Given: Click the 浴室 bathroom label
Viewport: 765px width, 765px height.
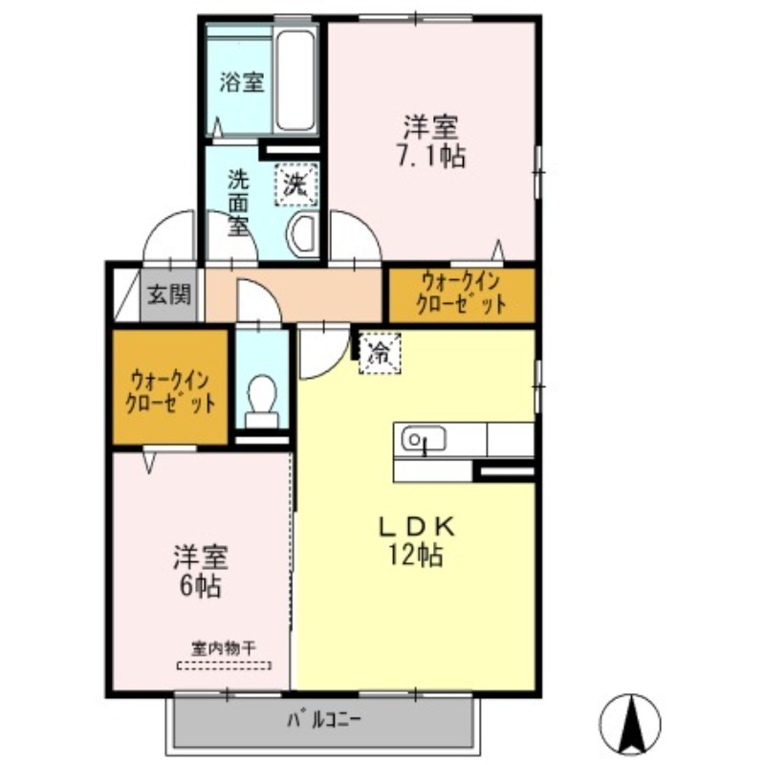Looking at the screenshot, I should pyautogui.click(x=240, y=82).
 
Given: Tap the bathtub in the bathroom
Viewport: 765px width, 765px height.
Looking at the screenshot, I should pyautogui.click(x=296, y=82).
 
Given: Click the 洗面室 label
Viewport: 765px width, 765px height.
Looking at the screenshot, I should pyautogui.click(x=238, y=202).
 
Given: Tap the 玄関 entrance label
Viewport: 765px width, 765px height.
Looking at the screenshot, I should pyautogui.click(x=169, y=294).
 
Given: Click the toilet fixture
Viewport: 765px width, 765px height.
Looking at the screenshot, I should pyautogui.click(x=260, y=400).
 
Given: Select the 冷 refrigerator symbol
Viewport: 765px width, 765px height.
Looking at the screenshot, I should pyautogui.click(x=380, y=353).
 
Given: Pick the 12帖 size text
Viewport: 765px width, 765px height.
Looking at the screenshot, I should pyautogui.click(x=416, y=555).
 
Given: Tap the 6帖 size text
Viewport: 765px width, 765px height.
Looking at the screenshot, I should pyautogui.click(x=198, y=586).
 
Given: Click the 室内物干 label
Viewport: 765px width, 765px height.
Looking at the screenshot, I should pyautogui.click(x=224, y=648).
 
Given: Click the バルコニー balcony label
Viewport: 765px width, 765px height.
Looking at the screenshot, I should pyautogui.click(x=323, y=720).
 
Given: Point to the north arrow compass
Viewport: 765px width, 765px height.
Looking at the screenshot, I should pyautogui.click(x=630, y=722).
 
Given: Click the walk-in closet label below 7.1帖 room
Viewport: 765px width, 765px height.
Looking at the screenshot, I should pyautogui.click(x=461, y=295).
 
